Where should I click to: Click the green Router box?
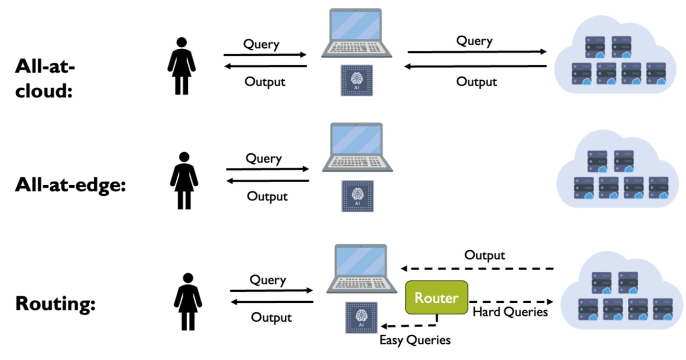tap(436, 298)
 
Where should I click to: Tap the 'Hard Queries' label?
tap(510, 312)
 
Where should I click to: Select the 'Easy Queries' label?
tap(415, 340)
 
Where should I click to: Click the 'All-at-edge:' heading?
tap(70, 185)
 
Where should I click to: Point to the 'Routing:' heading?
tap(55, 304)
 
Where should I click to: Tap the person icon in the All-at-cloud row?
tap(181, 66)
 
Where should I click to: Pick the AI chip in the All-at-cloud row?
tap(357, 80)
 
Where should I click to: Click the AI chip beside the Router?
tap(361, 317)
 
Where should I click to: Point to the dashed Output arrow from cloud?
tap(477, 269)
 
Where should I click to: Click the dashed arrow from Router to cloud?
tap(511, 302)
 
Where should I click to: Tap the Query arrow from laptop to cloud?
tap(477, 52)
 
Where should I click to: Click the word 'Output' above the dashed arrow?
tap(485, 256)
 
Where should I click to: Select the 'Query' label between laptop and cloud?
tap(474, 40)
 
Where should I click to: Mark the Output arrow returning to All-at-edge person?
tap(267, 182)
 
